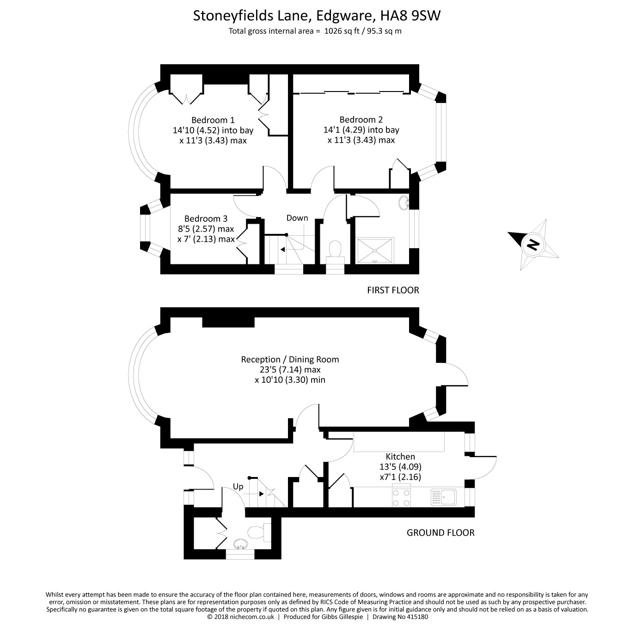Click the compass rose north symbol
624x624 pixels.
click(x=533, y=245)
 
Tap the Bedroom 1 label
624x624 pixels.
click(x=213, y=120)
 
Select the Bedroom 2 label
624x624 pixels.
click(x=361, y=120)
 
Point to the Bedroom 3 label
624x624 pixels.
click(x=206, y=219)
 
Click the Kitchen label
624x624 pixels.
click(x=400, y=457)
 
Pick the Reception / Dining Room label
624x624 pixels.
click(x=290, y=360)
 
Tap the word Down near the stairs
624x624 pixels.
click(x=297, y=218)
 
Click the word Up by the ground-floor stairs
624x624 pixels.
click(x=238, y=487)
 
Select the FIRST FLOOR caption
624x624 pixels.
click(x=393, y=290)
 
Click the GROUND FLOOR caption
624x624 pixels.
click(x=440, y=532)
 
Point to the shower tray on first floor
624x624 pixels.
click(x=375, y=251)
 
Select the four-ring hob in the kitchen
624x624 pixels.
click(x=401, y=497)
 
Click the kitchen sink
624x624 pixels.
click(x=444, y=497)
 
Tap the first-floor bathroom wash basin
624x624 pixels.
click(x=404, y=203)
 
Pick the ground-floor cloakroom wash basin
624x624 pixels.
click(x=240, y=544)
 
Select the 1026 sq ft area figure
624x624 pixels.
click(x=340, y=31)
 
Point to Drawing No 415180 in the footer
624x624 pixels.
click(x=400, y=617)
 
